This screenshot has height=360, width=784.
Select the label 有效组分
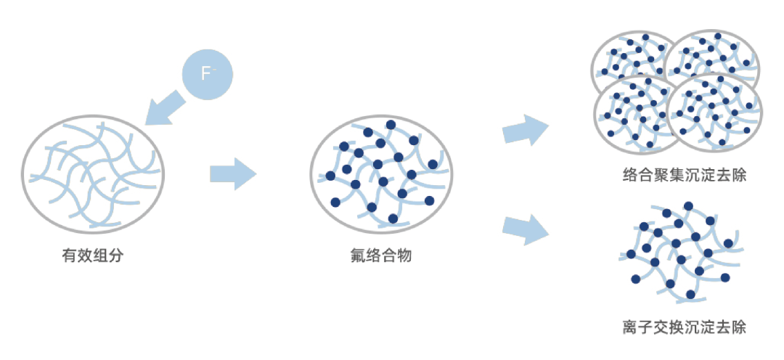91,255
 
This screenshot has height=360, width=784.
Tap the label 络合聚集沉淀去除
674,175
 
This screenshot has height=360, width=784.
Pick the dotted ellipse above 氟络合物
382,173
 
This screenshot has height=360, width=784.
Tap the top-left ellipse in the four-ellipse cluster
630,58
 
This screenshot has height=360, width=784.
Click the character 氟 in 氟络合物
356,255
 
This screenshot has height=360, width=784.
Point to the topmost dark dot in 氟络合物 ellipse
391,125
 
